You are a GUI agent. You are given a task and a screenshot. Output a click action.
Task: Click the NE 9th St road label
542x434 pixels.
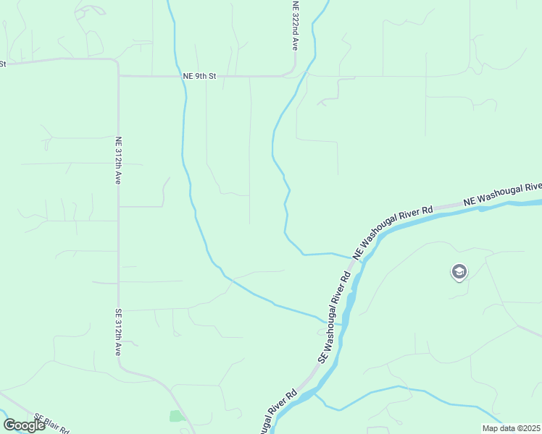pyautogui.click(x=200, y=76)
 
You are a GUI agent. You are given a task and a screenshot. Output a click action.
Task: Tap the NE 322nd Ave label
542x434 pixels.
pyautogui.click(x=295, y=25)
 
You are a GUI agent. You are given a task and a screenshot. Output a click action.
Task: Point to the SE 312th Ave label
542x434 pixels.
pyautogui.click(x=117, y=332)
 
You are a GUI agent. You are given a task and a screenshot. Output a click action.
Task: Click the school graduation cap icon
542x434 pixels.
pyautogui.click(x=459, y=272)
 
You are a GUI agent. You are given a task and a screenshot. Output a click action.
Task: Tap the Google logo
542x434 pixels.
pyautogui.click(x=25, y=425)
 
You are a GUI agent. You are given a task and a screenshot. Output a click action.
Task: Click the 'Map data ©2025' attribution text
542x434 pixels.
pyautogui.click(x=510, y=428)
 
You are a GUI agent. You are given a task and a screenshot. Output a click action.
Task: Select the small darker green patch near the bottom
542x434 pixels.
pyautogui.click(x=176, y=416)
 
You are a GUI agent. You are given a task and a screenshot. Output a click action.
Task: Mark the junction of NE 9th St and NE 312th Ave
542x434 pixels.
pyautogui.click(x=118, y=75)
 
